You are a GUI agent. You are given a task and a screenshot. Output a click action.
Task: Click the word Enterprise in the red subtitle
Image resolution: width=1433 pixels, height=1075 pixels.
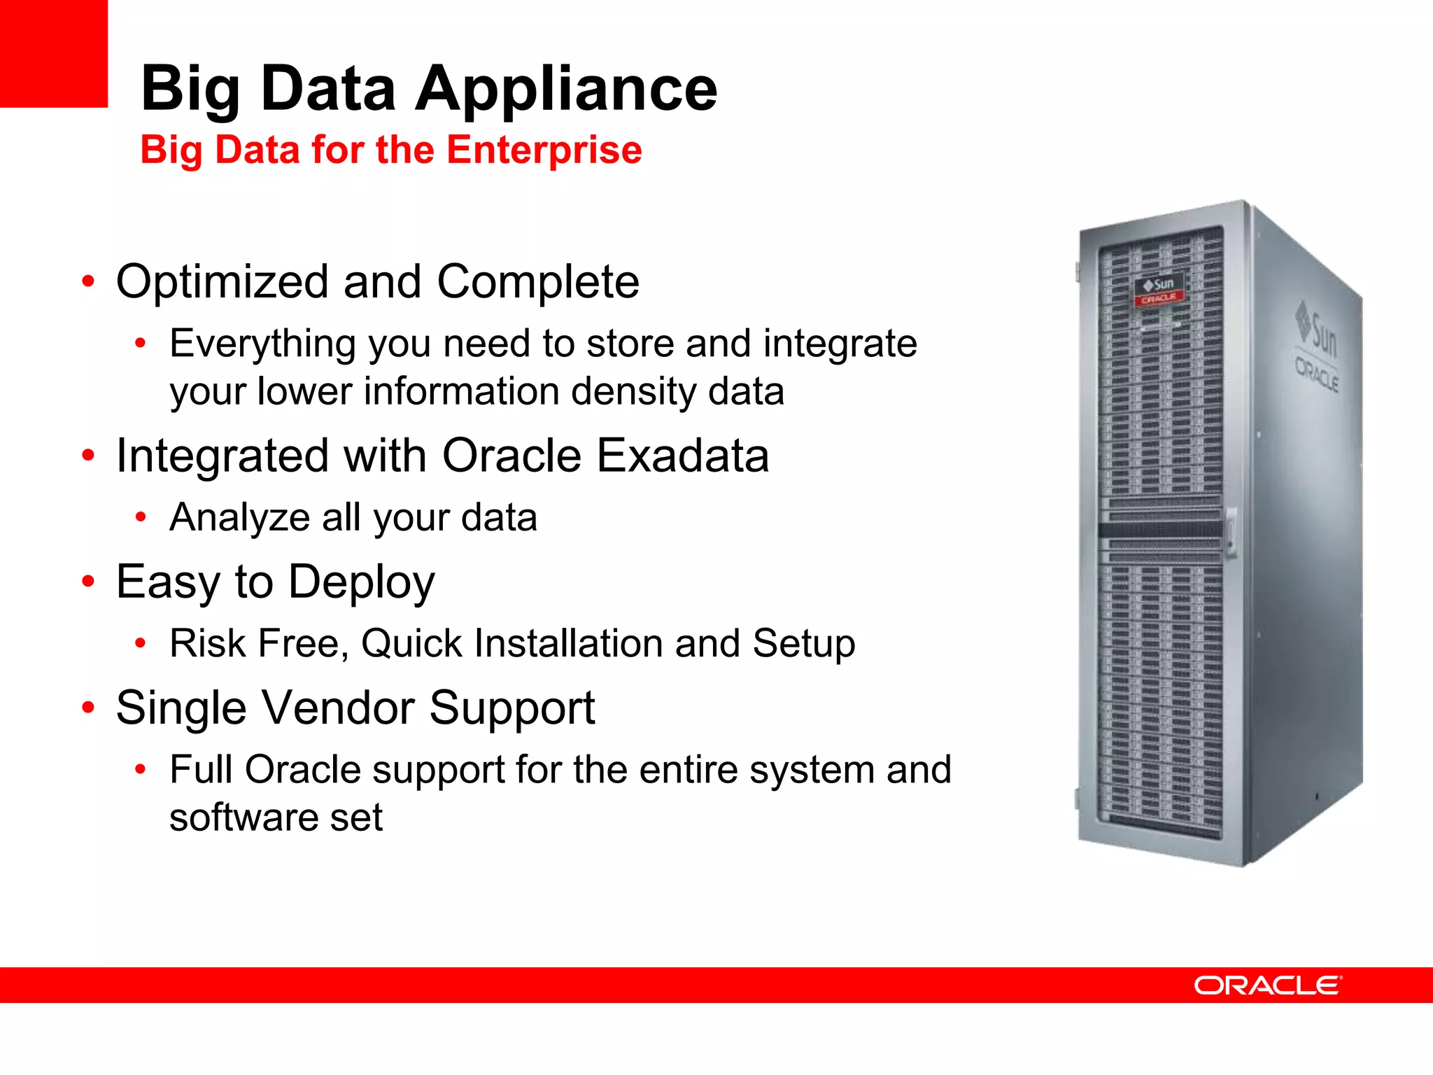[544, 150]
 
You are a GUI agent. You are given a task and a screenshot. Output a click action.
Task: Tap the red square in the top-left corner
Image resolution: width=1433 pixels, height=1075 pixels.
[53, 53]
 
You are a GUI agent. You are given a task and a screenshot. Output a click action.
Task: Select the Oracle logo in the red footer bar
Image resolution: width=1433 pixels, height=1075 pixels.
[1267, 985]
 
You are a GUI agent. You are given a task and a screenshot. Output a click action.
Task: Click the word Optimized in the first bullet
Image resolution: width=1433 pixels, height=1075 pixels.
[222, 282]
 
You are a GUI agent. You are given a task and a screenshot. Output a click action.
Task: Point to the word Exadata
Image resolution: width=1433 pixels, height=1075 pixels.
[682, 456]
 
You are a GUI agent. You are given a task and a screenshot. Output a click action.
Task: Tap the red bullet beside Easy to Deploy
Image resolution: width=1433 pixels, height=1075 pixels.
[87, 581]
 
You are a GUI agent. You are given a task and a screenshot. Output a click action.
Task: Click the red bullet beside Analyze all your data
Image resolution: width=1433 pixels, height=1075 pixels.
[141, 517]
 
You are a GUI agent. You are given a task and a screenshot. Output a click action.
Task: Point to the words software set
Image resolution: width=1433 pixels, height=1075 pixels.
[276, 817]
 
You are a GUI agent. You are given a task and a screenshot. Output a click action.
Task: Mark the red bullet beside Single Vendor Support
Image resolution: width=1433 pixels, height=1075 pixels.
[87, 708]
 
